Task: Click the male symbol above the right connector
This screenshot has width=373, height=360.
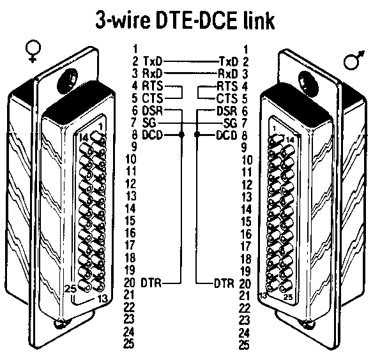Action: [x=353, y=59]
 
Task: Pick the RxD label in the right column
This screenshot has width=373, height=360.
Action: [x=227, y=73]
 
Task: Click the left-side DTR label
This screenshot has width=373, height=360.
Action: [x=152, y=281]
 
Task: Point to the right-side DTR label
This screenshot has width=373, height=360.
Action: [x=224, y=281]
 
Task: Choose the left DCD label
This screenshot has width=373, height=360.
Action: [x=153, y=135]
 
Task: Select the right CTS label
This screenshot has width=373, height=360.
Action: [x=227, y=98]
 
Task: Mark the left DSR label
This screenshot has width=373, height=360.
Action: [x=153, y=110]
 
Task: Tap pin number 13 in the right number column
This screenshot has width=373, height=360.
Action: [x=243, y=196]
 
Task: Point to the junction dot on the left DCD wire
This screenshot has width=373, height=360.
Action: [x=182, y=135]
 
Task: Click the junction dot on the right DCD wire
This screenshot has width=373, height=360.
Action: [x=198, y=135]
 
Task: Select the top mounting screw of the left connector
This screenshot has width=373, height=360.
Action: [x=65, y=82]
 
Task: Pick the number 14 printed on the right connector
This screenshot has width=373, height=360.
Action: [x=291, y=139]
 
